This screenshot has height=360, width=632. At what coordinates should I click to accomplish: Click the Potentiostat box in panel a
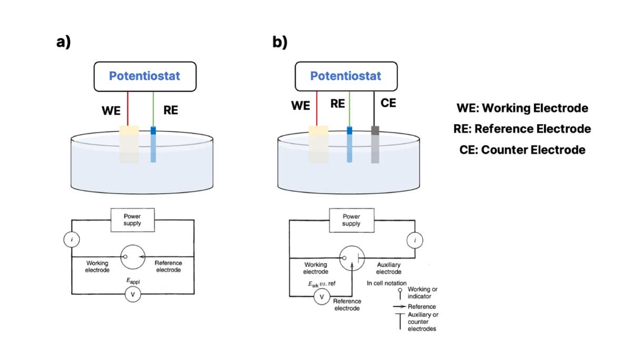[144, 76]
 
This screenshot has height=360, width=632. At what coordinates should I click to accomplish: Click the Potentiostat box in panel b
[345, 76]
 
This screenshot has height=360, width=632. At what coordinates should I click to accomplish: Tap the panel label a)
[63, 42]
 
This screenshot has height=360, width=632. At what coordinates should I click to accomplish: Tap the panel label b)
[280, 42]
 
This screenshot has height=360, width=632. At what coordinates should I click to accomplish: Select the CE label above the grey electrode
[388, 103]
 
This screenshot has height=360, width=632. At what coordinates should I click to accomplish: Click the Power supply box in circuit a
[132, 219]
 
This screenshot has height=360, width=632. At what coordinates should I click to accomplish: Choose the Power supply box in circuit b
[351, 219]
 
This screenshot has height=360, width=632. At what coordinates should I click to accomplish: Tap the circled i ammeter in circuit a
[71, 241]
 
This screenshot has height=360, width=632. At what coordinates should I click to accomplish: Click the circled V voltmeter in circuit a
[132, 295]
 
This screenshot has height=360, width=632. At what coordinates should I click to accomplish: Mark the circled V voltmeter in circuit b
[321, 298]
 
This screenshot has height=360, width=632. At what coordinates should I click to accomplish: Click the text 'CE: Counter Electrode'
[522, 149]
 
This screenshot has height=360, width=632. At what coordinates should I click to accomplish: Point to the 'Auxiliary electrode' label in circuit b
[389, 268]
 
